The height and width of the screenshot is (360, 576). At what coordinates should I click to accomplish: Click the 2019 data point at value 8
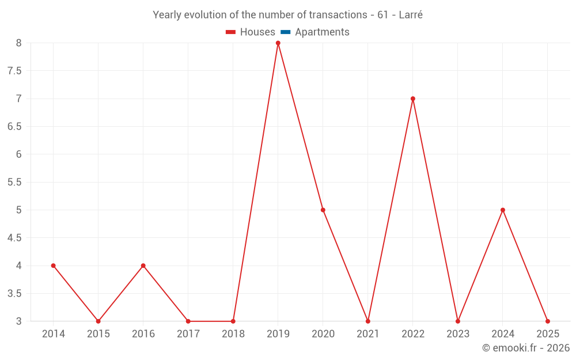point(278,43)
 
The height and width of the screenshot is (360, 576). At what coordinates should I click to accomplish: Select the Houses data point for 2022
point(413,98)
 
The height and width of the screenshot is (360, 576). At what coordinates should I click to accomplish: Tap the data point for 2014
point(53,266)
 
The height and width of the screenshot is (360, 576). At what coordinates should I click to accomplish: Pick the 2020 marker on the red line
point(323,210)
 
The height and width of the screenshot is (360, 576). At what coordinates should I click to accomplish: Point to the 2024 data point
point(503,210)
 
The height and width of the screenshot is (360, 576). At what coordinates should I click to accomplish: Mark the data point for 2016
point(143,266)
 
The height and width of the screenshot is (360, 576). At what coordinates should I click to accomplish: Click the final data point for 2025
point(548,321)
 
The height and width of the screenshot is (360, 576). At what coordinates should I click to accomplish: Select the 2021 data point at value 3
point(368,321)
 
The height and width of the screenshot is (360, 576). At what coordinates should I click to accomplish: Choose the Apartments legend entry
point(322,32)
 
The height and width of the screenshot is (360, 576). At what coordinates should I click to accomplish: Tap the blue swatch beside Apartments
point(286,32)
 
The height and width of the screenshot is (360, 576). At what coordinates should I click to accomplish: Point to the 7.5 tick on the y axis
point(14,71)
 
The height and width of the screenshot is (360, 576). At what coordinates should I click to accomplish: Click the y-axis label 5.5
point(14,182)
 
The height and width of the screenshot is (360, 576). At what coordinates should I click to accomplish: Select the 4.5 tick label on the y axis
point(14,238)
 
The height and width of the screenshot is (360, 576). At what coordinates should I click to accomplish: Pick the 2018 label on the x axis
point(233,334)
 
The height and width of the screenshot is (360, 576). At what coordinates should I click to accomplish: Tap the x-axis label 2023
point(458,334)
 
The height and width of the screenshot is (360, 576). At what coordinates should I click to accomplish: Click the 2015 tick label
point(98,334)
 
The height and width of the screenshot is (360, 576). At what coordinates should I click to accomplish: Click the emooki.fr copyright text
point(526,348)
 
